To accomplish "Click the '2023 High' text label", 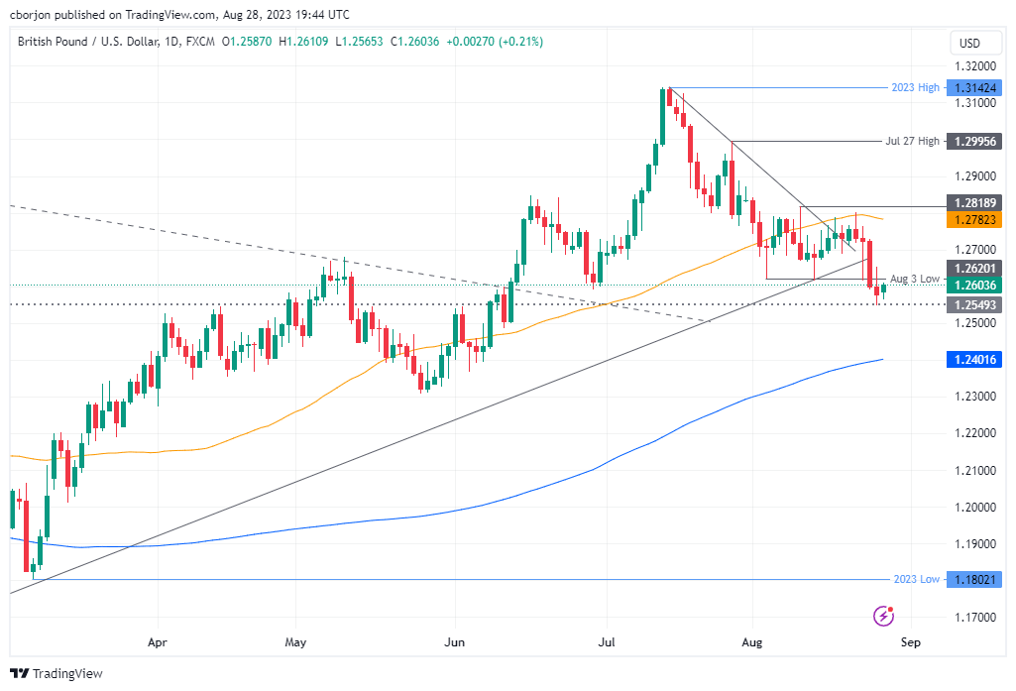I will click(914, 87).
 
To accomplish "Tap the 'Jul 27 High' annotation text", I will click(912, 142).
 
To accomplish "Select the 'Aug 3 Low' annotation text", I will click(914, 279).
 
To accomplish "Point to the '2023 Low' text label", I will click(915, 579).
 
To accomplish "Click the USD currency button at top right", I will click(969, 43).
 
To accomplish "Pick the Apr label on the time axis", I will click(158, 641).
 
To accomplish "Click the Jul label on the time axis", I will click(605, 641).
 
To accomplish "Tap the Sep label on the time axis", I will click(910, 641).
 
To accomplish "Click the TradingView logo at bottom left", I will click(56, 673).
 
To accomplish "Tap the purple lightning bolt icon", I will click(883, 616).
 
